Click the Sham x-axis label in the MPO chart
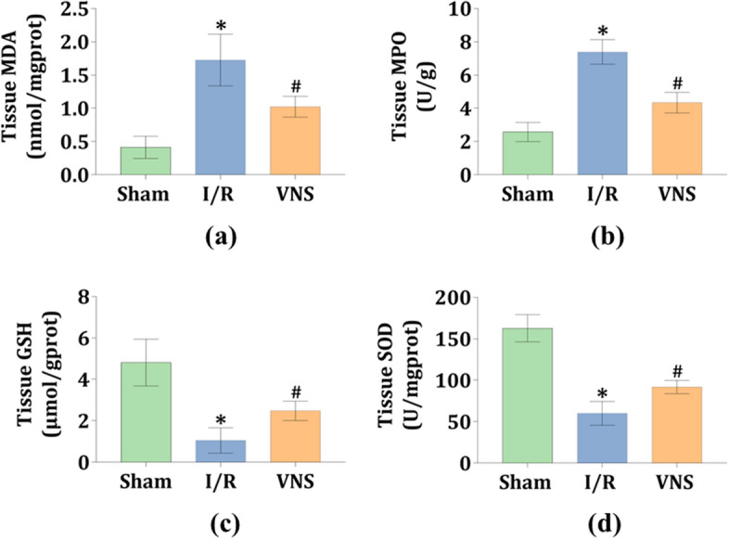click(526, 196)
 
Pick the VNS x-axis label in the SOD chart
click(669, 483)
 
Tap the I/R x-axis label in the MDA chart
click(220, 196)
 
